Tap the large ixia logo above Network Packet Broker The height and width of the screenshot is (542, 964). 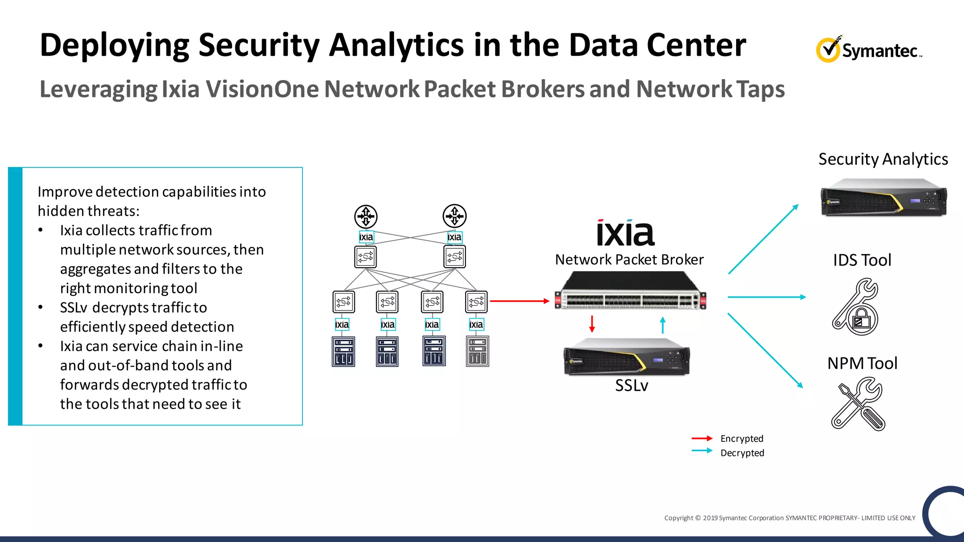626,233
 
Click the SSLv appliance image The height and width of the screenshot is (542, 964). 627,358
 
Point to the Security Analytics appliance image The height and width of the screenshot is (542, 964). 884,198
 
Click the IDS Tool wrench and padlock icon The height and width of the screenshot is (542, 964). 856,307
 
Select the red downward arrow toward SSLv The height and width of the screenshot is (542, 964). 592,324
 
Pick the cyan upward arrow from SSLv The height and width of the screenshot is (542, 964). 663,325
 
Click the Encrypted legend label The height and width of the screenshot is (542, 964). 742,438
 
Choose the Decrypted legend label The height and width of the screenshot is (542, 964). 742,453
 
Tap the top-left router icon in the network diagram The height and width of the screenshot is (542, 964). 366,216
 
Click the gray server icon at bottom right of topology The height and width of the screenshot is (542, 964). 477,351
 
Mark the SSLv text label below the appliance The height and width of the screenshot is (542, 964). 632,386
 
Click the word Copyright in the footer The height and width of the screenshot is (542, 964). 678,518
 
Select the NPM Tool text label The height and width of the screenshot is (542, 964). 862,363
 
